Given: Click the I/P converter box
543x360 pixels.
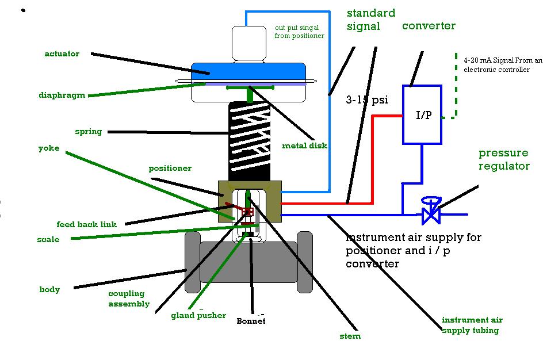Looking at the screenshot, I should tap(422, 115).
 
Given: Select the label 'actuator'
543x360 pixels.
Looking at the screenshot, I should tap(62, 54).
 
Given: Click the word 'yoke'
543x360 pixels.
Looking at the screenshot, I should tap(49, 148).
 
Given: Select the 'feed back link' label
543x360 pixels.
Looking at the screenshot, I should tap(86, 224).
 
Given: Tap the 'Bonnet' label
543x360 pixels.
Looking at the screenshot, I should tap(251, 321).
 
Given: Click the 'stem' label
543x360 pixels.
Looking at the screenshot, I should tap(350, 336).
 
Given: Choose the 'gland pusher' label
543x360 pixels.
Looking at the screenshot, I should tap(198, 316).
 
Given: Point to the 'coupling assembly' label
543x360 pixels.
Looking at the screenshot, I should tap(129, 299).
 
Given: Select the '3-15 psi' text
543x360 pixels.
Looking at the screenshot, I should tap(367, 100).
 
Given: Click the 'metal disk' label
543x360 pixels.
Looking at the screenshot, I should tap(304, 145).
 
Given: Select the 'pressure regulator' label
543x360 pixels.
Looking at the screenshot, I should tap(504, 159).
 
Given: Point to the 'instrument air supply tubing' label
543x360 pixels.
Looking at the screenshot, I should tap(472, 325).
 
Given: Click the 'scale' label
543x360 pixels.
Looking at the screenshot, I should tap(48, 240).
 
